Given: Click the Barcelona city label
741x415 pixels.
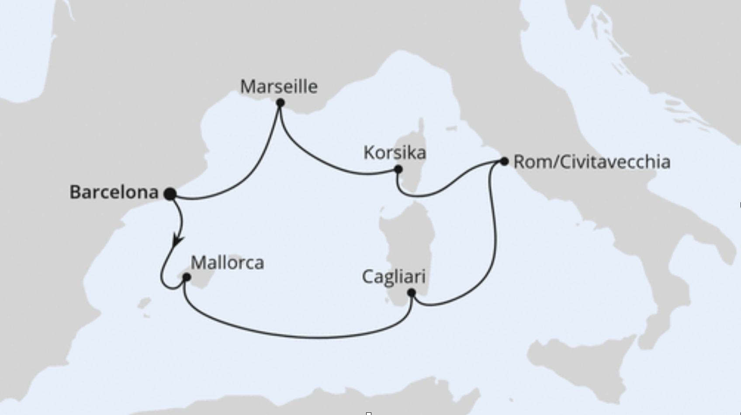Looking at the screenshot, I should click(x=114, y=192).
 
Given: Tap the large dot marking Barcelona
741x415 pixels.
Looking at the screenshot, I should click(x=170, y=194).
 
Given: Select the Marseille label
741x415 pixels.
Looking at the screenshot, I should click(x=279, y=86).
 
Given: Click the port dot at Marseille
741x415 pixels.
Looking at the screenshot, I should click(x=280, y=103).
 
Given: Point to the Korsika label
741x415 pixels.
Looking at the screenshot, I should click(x=395, y=153).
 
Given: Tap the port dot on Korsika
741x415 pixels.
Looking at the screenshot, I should click(x=398, y=169).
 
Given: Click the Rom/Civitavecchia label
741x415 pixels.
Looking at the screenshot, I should click(x=592, y=162).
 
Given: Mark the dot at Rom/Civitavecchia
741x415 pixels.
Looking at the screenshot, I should click(x=504, y=161).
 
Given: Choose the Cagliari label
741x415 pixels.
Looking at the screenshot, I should click(x=394, y=277).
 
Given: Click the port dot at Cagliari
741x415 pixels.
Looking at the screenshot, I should click(x=411, y=293).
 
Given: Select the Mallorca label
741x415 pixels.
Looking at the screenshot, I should click(x=227, y=263).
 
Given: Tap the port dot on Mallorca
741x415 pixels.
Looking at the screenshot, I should click(x=186, y=277).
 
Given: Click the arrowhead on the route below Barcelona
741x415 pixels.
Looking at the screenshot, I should click(x=177, y=241).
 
